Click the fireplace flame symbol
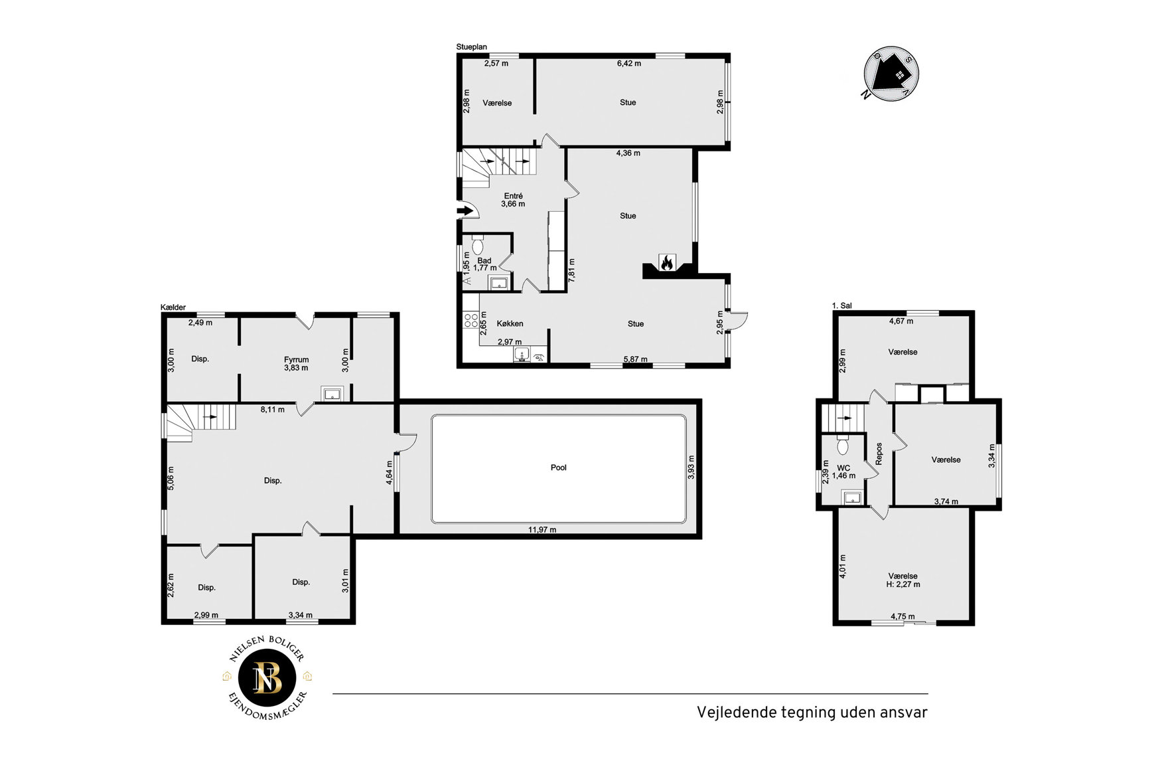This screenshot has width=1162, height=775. click(666, 263)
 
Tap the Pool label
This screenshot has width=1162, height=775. click(559, 468)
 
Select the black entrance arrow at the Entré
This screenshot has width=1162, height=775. click(467, 211)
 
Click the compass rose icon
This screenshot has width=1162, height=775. click(891, 74)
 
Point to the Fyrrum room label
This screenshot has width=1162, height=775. click(296, 360)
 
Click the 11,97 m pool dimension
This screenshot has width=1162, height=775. click(542, 530)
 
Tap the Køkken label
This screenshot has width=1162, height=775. click(510, 323)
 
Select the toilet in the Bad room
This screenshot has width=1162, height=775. click(477, 244)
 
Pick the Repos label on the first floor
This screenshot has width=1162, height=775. click(879, 454)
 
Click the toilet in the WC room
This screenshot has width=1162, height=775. click(843, 445)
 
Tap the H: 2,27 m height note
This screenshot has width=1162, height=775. click(903, 584)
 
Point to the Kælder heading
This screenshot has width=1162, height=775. click(173, 307)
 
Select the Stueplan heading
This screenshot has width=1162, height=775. click(472, 47)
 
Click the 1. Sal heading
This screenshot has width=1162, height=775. click(842, 305)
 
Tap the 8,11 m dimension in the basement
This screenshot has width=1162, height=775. click(272, 410)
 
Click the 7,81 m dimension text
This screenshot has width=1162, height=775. click(572, 271)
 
